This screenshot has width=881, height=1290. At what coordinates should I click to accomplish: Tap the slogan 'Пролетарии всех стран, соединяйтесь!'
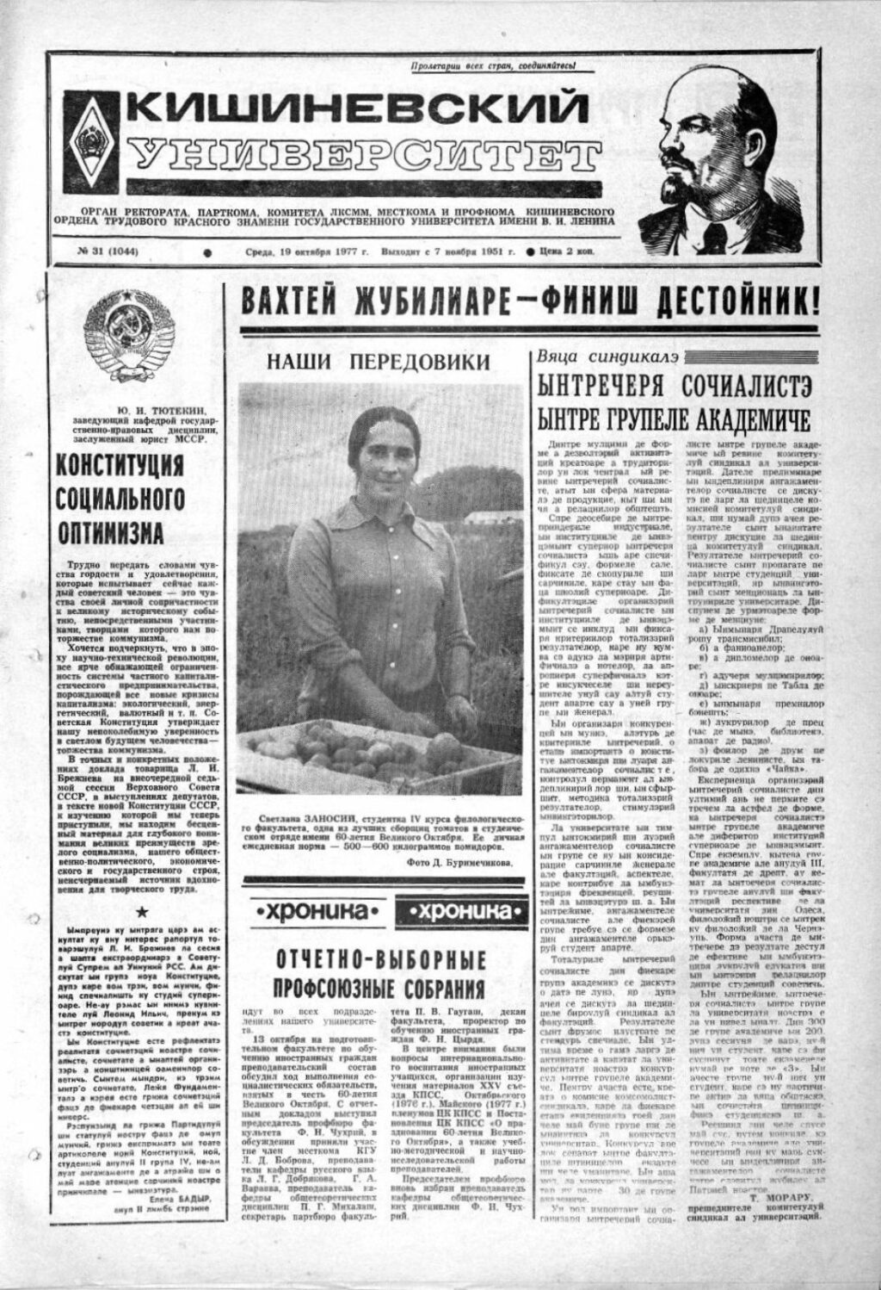492,65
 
